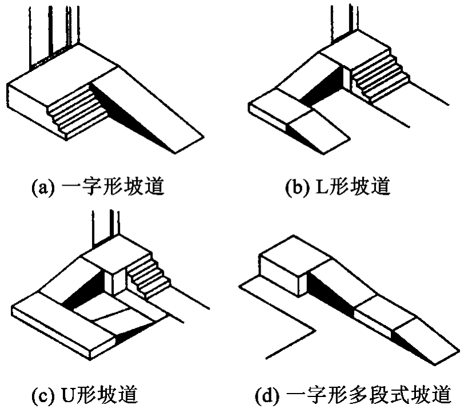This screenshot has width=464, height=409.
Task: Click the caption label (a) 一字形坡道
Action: click(x=98, y=187)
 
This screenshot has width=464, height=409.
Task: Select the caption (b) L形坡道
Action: click(x=337, y=187)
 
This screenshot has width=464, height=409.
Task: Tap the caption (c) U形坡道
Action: click(x=85, y=394)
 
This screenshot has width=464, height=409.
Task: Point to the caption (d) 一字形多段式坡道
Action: click(x=353, y=394)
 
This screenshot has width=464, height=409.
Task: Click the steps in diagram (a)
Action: click(x=78, y=110)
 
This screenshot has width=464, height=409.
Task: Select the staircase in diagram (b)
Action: click(x=380, y=77)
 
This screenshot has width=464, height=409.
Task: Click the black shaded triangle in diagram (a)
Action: click(x=133, y=115)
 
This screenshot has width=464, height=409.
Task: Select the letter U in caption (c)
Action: click(x=69, y=395)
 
